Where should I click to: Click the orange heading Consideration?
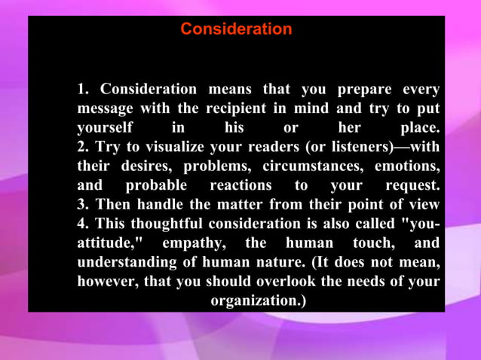click(236, 29)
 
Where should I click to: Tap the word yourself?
click(105, 127)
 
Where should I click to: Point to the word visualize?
click(163, 147)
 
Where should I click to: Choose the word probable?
click(155, 185)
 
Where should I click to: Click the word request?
click(411, 185)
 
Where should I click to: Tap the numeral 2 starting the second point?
click(81, 147)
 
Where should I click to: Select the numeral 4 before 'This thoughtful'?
click(81, 224)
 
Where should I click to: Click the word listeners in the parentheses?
click(354, 147)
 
